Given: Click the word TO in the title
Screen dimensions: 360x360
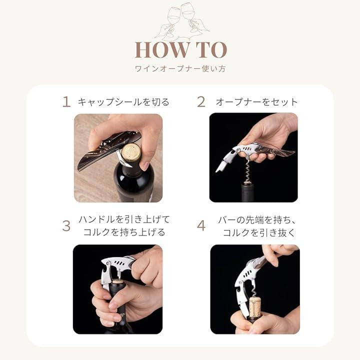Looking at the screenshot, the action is point(211,49).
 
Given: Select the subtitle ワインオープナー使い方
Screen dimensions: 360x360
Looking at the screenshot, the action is point(180,68).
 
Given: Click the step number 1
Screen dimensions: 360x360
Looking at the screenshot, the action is point(66,101).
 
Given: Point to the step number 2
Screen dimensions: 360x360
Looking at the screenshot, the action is point(201,101).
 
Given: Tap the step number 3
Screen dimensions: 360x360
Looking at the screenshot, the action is point(66,226).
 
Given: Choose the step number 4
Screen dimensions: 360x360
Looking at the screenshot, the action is point(201,226).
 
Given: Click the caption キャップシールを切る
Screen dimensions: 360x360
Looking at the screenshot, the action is point(123,102).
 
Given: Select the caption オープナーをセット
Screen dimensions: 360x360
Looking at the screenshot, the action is point(256,102).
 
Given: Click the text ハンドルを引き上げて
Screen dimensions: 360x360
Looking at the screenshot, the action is point(124,219).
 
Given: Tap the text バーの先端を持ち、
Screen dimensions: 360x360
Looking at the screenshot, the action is point(257,220).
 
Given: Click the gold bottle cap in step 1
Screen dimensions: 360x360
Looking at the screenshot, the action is point(131,152).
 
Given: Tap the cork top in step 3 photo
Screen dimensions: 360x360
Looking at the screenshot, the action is point(118,281).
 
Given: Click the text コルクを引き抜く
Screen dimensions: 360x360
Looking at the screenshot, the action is point(259,232).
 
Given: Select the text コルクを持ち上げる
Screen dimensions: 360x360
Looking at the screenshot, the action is point(124,232).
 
